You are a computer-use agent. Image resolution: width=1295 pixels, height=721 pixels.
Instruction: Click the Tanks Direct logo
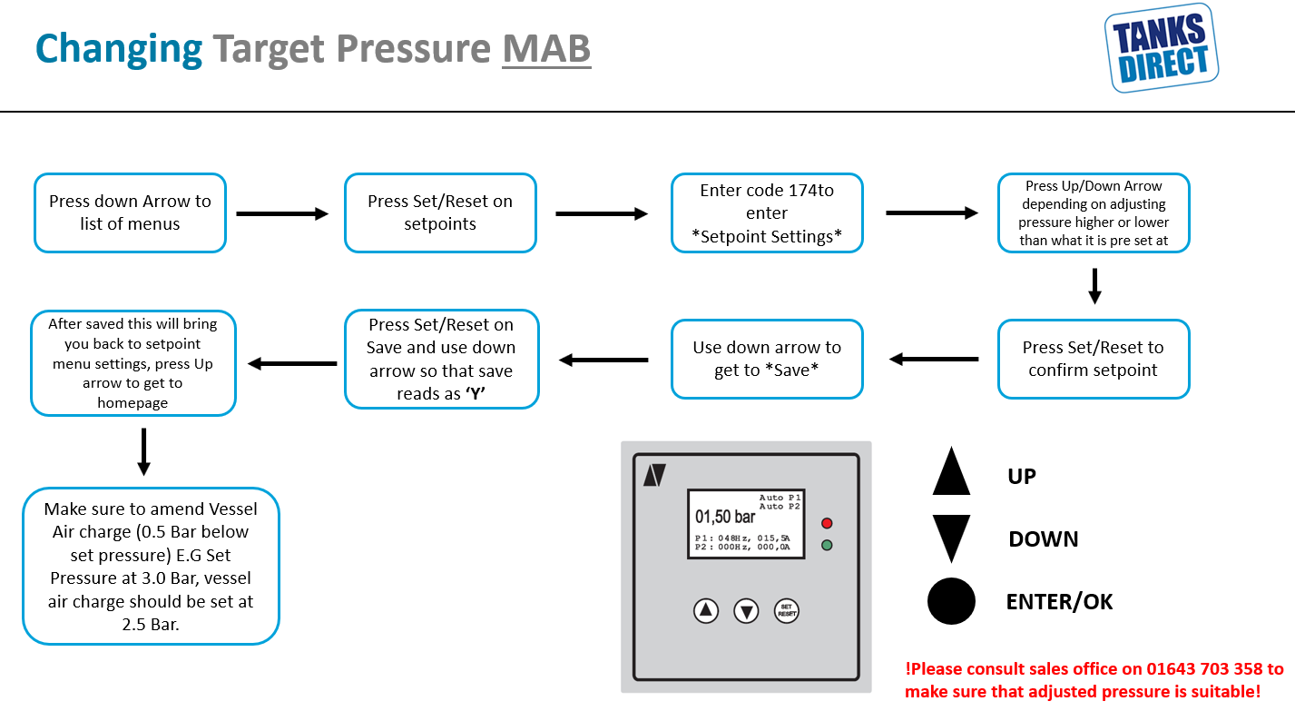(1162, 48)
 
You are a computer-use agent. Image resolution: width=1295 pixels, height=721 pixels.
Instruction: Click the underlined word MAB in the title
(546, 49)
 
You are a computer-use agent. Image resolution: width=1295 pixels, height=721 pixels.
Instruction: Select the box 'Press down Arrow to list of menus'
(130, 213)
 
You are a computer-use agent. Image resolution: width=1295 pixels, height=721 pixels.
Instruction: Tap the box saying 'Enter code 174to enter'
(767, 213)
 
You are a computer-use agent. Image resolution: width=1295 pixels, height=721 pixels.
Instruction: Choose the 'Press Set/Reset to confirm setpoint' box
(1094, 359)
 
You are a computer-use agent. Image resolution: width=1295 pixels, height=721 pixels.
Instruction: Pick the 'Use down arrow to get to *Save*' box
(767, 359)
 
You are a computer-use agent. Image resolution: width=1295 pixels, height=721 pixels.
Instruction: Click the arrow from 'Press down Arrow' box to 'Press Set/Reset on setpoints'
(282, 213)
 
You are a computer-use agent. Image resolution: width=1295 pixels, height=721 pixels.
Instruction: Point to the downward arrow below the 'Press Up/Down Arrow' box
(1094, 286)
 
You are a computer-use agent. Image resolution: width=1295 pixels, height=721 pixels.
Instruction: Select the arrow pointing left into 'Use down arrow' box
(934, 360)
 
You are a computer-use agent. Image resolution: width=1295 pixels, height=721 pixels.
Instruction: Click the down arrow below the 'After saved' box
(144, 452)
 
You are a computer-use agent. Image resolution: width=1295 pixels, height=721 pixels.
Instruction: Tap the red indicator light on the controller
(827, 523)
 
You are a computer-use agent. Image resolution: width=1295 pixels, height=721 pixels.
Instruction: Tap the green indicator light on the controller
(827, 545)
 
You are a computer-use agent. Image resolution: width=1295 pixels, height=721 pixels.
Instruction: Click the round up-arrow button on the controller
(706, 610)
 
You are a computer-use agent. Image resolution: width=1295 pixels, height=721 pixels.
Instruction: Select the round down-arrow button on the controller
(746, 611)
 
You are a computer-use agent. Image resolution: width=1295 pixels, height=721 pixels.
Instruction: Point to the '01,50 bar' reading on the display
(725, 516)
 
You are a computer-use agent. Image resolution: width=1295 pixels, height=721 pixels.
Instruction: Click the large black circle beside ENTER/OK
(951, 601)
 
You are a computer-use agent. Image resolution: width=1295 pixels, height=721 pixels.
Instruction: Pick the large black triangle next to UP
(951, 472)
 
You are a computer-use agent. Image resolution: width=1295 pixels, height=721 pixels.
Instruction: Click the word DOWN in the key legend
(1043, 539)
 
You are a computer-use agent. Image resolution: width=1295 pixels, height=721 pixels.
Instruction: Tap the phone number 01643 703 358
(1204, 669)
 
